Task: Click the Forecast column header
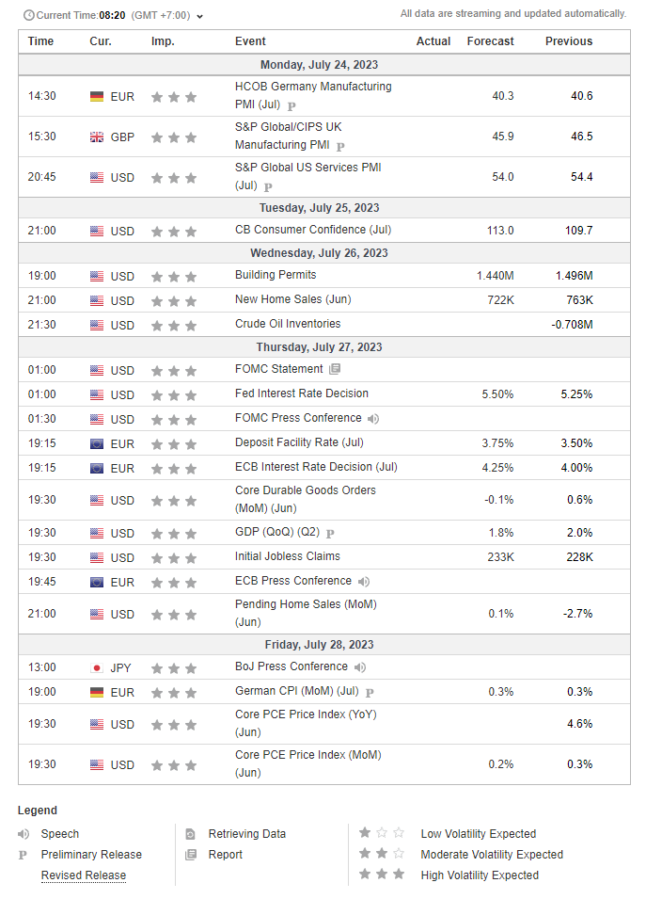[490, 41]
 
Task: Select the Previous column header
[569, 41]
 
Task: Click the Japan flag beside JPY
[96, 667]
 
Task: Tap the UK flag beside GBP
[96, 136]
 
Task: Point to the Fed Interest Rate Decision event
[301, 393]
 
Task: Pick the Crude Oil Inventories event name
[288, 324]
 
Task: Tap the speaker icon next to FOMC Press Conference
[373, 418]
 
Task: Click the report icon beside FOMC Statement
[335, 369]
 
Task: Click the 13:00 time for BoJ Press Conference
[41, 667]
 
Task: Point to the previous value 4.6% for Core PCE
[579, 725]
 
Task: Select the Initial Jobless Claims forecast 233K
[500, 557]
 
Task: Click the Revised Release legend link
[83, 875]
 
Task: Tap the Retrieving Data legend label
[246, 834]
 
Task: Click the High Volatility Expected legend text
[480, 875]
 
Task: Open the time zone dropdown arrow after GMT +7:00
[200, 15]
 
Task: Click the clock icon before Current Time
[28, 15]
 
